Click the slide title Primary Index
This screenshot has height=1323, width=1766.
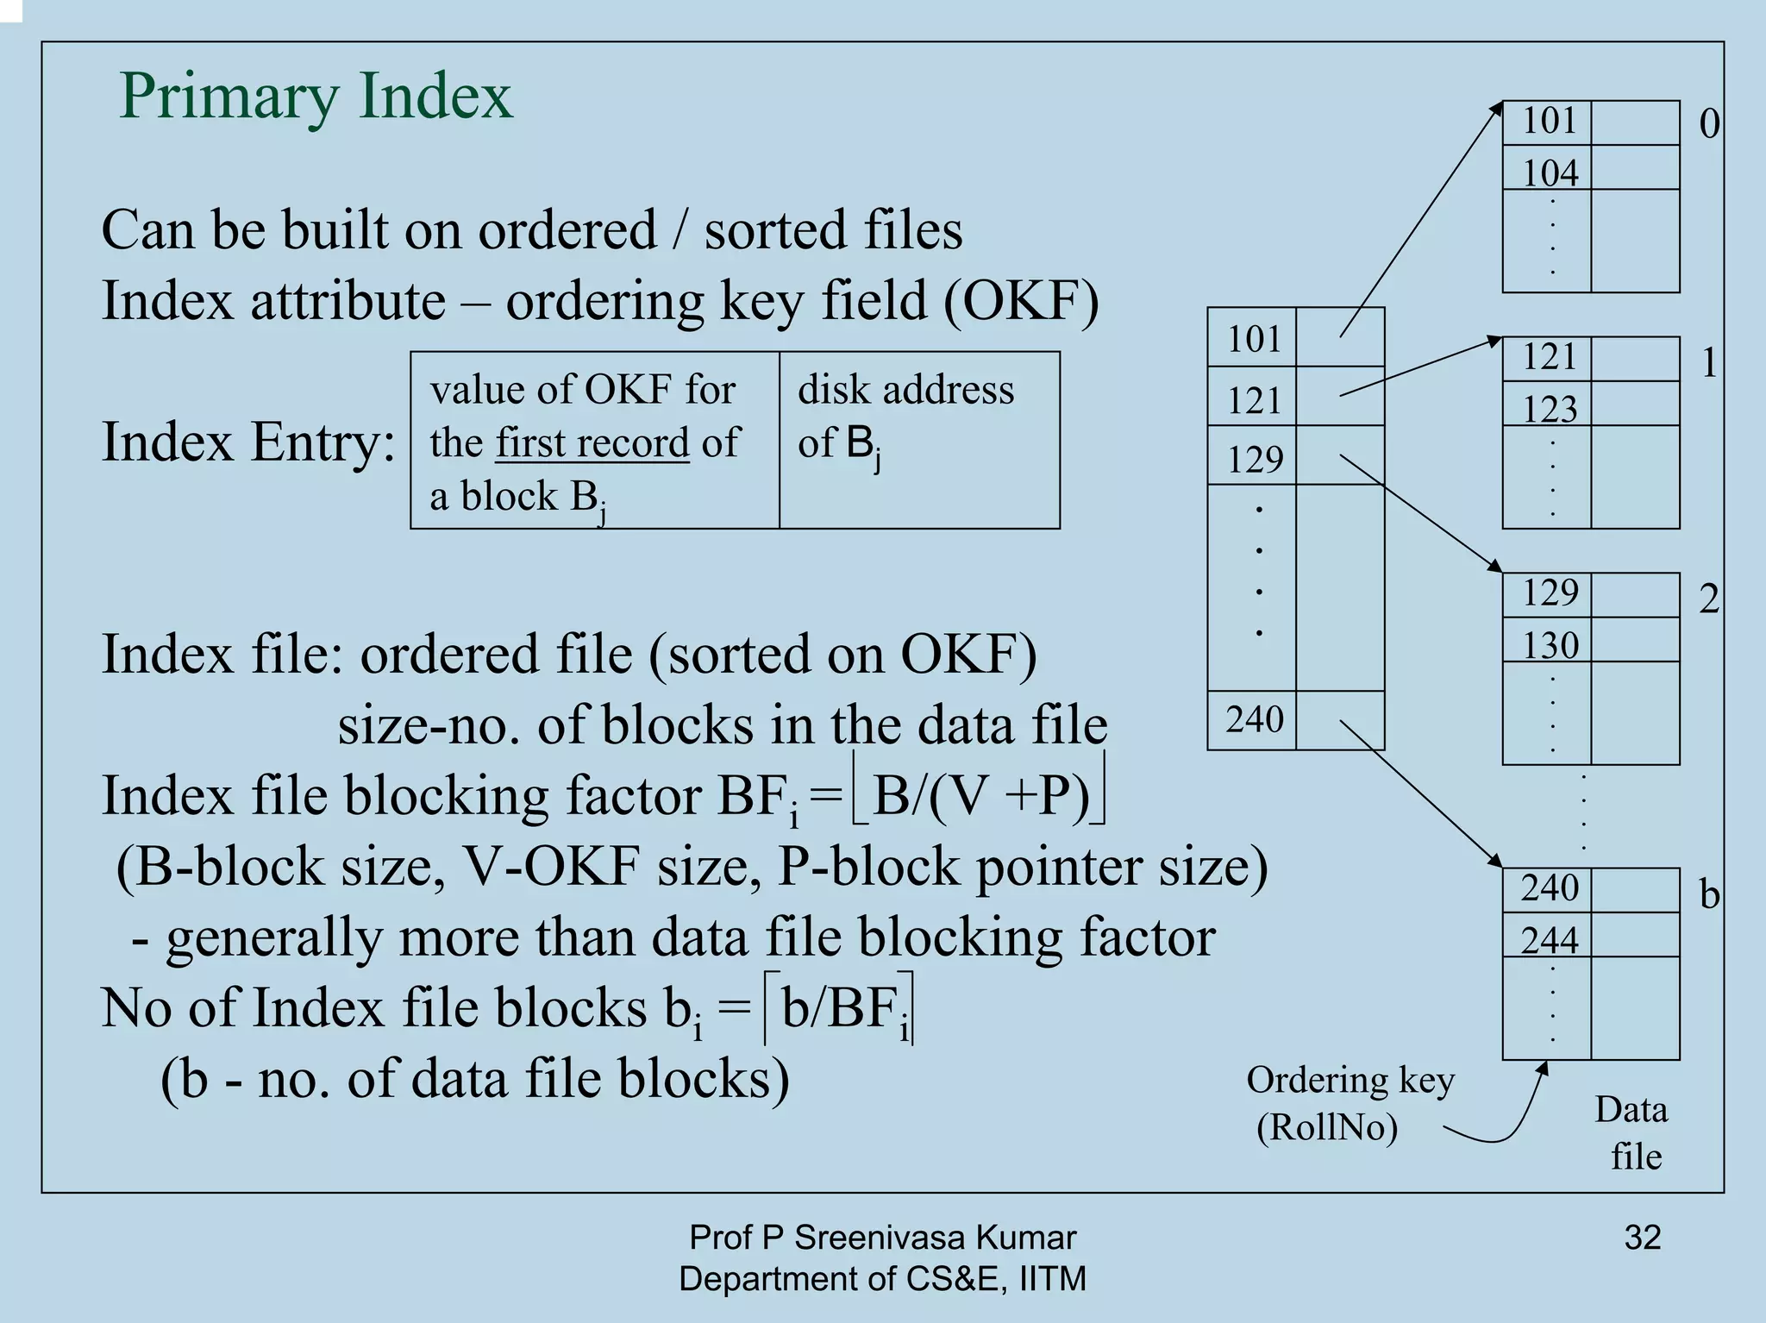click(x=316, y=97)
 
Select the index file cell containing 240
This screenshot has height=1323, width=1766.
click(x=1255, y=719)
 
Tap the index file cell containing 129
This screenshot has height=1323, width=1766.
click(x=1255, y=459)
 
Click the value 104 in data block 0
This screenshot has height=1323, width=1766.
click(x=1550, y=173)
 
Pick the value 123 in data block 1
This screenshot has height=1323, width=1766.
click(x=1550, y=409)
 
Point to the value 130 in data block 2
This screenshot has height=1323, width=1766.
click(x=1550, y=645)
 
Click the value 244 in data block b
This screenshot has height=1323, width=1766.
click(x=1550, y=940)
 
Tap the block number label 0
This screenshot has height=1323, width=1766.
click(x=1708, y=125)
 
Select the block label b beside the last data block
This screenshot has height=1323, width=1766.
click(x=1709, y=894)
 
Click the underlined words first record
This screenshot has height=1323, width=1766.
click(x=592, y=443)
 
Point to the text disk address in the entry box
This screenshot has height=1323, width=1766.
click(x=905, y=390)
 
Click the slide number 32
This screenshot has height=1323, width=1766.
click(x=1642, y=1238)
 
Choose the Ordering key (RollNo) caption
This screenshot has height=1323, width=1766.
click(x=1349, y=1104)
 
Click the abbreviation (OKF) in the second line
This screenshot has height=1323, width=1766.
click(x=1021, y=302)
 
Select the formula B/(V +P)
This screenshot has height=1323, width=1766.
click(x=980, y=795)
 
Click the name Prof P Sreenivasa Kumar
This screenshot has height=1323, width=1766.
click(x=882, y=1238)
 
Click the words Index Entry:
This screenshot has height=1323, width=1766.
click(x=248, y=442)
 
